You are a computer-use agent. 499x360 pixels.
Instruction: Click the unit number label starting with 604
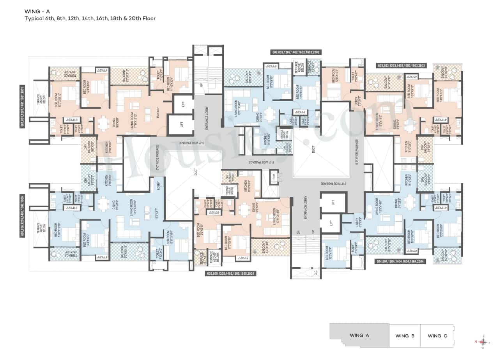(x=399, y=261)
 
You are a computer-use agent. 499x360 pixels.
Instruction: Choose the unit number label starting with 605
(x=230, y=274)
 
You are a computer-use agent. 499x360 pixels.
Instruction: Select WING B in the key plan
(x=402, y=336)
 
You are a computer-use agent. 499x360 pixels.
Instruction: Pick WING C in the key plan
(x=434, y=336)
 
